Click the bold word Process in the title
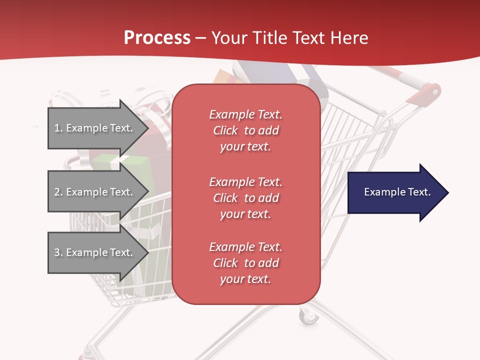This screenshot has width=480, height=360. click(x=157, y=37)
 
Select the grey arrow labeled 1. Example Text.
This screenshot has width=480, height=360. click(x=95, y=128)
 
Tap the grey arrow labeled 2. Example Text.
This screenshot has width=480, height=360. click(x=95, y=192)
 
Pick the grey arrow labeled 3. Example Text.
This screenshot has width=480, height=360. click(x=95, y=252)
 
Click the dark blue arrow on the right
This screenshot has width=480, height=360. click(x=395, y=192)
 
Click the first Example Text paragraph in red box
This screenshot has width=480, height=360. click(x=245, y=130)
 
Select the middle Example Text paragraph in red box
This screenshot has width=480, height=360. click(x=245, y=198)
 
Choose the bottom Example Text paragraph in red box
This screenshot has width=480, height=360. click(x=245, y=263)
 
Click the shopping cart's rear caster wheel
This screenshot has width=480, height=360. click(x=308, y=316)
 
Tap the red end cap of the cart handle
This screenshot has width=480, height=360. click(x=431, y=92)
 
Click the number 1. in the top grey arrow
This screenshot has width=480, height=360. click(x=58, y=128)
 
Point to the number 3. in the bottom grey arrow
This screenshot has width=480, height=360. click(x=58, y=252)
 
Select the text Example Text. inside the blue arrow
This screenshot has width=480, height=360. click(x=397, y=192)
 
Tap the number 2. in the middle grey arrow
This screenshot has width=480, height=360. click(x=58, y=192)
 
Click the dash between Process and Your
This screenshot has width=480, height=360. click(x=200, y=38)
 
